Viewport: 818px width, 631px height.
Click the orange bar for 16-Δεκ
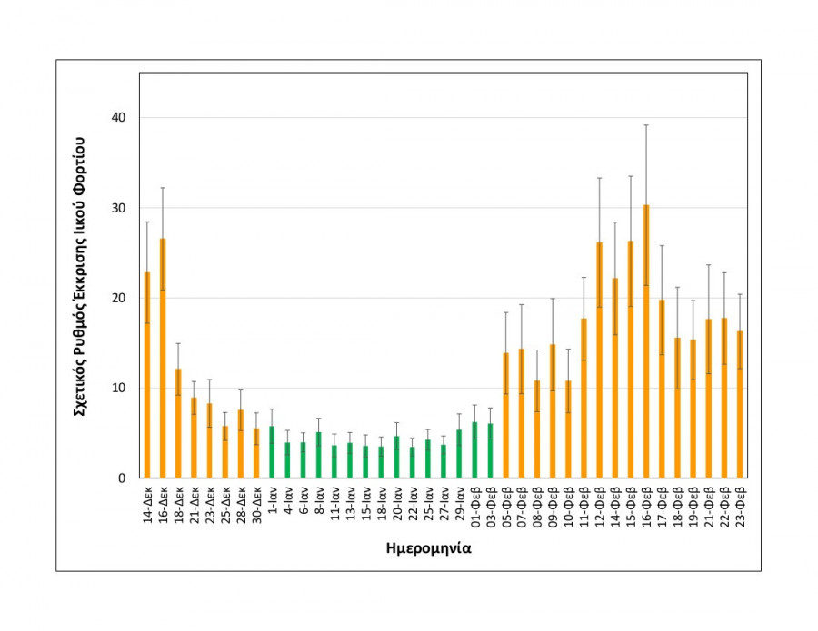(x=163, y=359)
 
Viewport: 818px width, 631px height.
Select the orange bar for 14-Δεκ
(x=147, y=375)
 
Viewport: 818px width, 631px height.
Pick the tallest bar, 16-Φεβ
(x=646, y=341)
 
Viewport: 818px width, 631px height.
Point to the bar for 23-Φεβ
(x=740, y=405)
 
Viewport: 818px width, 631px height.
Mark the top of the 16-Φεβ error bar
(x=646, y=125)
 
